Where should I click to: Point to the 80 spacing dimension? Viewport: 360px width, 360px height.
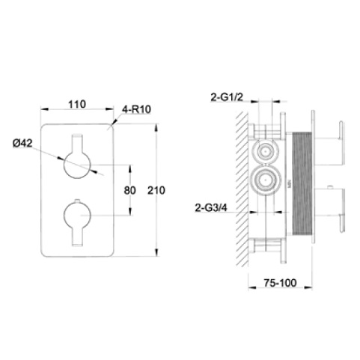[x=129, y=190]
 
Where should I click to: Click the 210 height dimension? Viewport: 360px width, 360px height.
[x=156, y=190]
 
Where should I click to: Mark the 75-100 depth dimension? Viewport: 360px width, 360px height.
[x=281, y=284]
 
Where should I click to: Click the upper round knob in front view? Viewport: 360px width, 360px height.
[x=77, y=163]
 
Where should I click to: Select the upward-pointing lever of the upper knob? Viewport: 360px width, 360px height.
[x=77, y=142]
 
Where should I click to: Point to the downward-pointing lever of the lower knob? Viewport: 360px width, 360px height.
[x=77, y=236]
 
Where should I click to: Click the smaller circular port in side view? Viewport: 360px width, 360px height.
[x=263, y=150]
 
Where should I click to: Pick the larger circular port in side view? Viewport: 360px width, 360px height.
[x=264, y=180]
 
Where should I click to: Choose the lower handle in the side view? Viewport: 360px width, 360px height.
[x=341, y=213]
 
